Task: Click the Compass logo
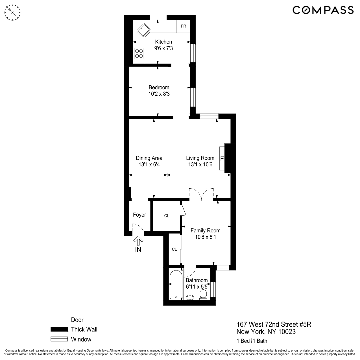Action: [x=323, y=10]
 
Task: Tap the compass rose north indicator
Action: [x=13, y=12]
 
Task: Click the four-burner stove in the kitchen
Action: [x=139, y=53]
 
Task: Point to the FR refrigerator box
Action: [x=184, y=26]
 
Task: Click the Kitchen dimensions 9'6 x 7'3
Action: [x=163, y=48]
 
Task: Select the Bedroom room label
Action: [x=159, y=87]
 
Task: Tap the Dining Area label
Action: [x=149, y=158]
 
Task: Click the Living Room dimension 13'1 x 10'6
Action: [x=200, y=164]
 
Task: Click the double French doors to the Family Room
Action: [x=201, y=194]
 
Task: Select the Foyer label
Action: [x=139, y=215]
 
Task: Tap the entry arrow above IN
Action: [x=138, y=241]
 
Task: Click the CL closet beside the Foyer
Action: [x=167, y=216]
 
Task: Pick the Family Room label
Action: [x=205, y=230]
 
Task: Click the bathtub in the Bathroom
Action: [x=176, y=285]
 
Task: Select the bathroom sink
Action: [x=190, y=297]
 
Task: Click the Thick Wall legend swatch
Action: [x=59, y=329]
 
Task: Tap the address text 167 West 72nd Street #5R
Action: [x=274, y=324]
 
